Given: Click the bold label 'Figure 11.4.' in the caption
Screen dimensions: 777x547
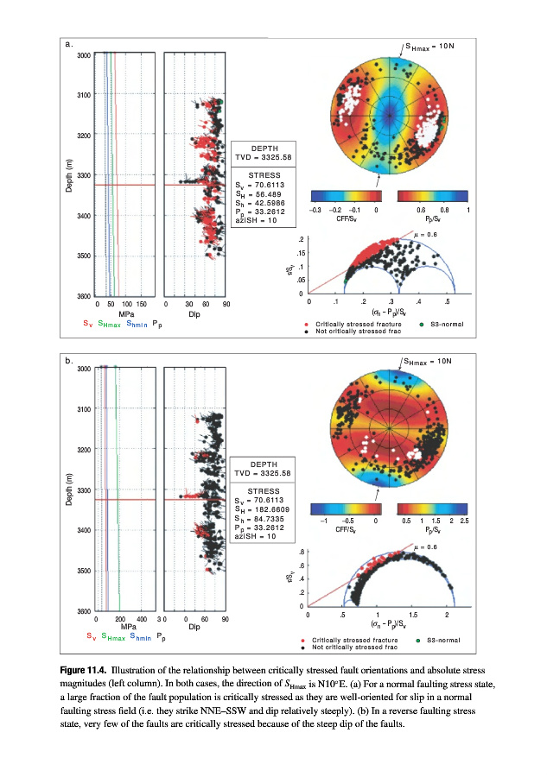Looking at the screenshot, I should point(86,670).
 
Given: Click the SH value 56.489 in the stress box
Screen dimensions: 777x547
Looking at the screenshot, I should point(270,194).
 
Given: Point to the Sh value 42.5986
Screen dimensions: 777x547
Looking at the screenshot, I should point(273,203).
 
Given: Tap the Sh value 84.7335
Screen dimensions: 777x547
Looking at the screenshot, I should point(273,520).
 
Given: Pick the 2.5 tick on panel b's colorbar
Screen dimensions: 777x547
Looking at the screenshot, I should point(464,521).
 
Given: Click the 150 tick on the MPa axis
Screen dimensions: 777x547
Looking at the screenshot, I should point(141,305).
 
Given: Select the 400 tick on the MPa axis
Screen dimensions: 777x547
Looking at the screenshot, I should point(141,619).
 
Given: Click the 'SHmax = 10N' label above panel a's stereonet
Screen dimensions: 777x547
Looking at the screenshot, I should point(429,45).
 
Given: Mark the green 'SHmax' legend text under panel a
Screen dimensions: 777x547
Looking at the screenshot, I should point(110,324).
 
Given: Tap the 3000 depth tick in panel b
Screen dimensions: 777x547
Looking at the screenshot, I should point(81,369).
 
